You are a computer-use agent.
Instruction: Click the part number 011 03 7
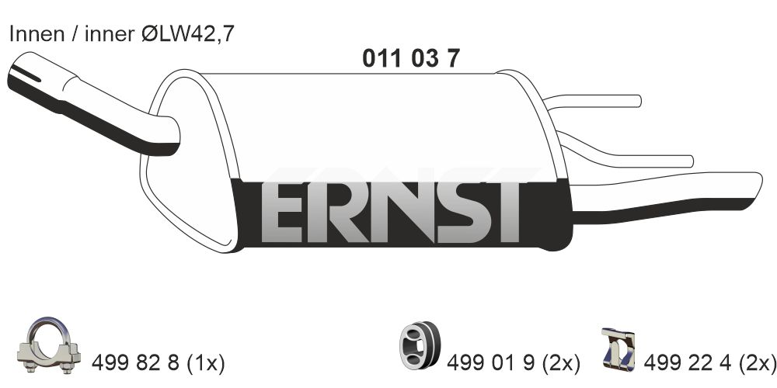[411, 59]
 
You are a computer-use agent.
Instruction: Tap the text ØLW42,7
[187, 34]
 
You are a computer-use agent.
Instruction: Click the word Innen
[37, 34]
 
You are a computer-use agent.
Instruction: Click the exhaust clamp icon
[48, 345]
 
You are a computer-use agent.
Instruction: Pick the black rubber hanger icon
[420, 345]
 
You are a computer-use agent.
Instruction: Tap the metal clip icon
[618, 349]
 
